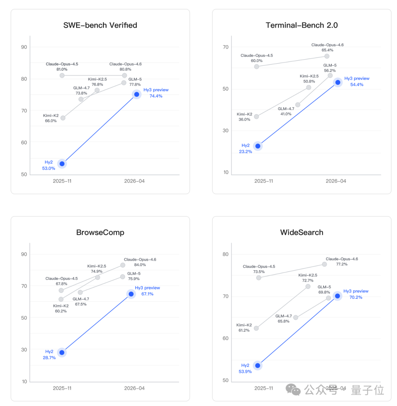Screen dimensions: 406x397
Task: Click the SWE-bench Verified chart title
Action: coord(100,25)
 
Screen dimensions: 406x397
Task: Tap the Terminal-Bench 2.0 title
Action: coord(301,25)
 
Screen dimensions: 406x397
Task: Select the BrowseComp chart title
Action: coord(100,233)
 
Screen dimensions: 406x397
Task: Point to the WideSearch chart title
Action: coord(301,233)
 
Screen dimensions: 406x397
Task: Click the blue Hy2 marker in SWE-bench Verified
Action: coord(62,164)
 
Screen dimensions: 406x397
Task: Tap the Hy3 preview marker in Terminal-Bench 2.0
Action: coord(337,82)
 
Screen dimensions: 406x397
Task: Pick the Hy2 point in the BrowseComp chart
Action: coord(62,353)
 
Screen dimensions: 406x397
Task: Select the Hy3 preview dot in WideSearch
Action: coord(337,296)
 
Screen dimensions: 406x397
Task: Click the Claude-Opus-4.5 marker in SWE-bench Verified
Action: coord(62,75)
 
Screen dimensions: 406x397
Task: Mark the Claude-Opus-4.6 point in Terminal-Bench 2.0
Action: coord(327,56)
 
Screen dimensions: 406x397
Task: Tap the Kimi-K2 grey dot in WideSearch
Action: coord(256,328)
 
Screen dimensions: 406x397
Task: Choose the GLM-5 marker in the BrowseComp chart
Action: coord(122,277)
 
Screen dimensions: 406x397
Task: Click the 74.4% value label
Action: coord(155,96)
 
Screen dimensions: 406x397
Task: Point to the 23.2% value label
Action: coord(245,151)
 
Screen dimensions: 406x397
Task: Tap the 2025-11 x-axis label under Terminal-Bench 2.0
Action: coord(264,181)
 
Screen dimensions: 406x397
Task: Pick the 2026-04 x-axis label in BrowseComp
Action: coord(135,388)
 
